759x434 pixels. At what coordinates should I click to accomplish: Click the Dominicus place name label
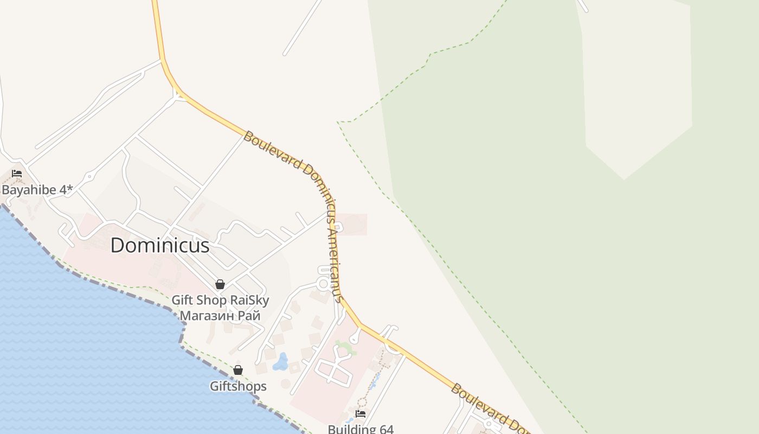(x=160, y=246)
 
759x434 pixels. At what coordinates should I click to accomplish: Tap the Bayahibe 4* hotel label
(x=37, y=190)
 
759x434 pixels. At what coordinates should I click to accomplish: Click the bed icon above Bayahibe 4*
(x=17, y=174)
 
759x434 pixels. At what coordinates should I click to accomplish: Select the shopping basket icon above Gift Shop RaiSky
(x=220, y=284)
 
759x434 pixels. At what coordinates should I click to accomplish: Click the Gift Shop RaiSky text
(x=220, y=300)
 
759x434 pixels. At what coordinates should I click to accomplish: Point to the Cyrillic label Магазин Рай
(x=220, y=315)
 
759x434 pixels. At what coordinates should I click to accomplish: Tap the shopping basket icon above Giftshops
(x=238, y=370)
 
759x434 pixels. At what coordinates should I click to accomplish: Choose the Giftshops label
(x=238, y=386)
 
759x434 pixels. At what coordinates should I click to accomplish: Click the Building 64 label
(x=361, y=429)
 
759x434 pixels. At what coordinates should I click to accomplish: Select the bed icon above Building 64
(x=360, y=414)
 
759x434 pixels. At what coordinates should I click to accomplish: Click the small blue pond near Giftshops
(x=281, y=362)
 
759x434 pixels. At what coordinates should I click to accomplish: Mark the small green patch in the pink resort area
(x=345, y=347)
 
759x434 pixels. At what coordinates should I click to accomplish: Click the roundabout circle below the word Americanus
(x=324, y=283)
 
